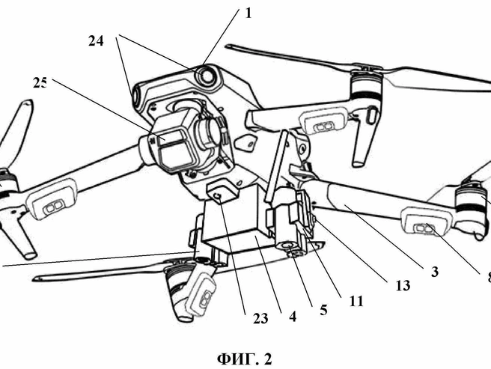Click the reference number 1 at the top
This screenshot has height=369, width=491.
(x=248, y=13)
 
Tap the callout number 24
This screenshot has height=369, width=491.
(x=96, y=41)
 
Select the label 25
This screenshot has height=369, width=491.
(x=40, y=83)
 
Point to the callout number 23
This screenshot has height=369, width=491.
(x=260, y=319)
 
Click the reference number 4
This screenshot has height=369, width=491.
(x=293, y=317)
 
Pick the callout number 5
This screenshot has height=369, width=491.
(x=323, y=310)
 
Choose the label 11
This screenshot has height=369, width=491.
(x=356, y=301)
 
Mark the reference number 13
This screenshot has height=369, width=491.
(x=403, y=285)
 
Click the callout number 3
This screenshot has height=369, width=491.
(x=435, y=272)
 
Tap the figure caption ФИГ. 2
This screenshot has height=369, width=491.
(x=245, y=359)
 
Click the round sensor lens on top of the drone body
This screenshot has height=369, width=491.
(x=207, y=75)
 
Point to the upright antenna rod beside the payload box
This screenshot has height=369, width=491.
(x=275, y=166)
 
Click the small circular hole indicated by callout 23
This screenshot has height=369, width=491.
(x=218, y=196)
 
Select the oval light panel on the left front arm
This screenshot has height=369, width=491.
(x=52, y=199)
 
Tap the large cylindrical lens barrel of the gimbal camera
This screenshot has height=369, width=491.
(x=210, y=131)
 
